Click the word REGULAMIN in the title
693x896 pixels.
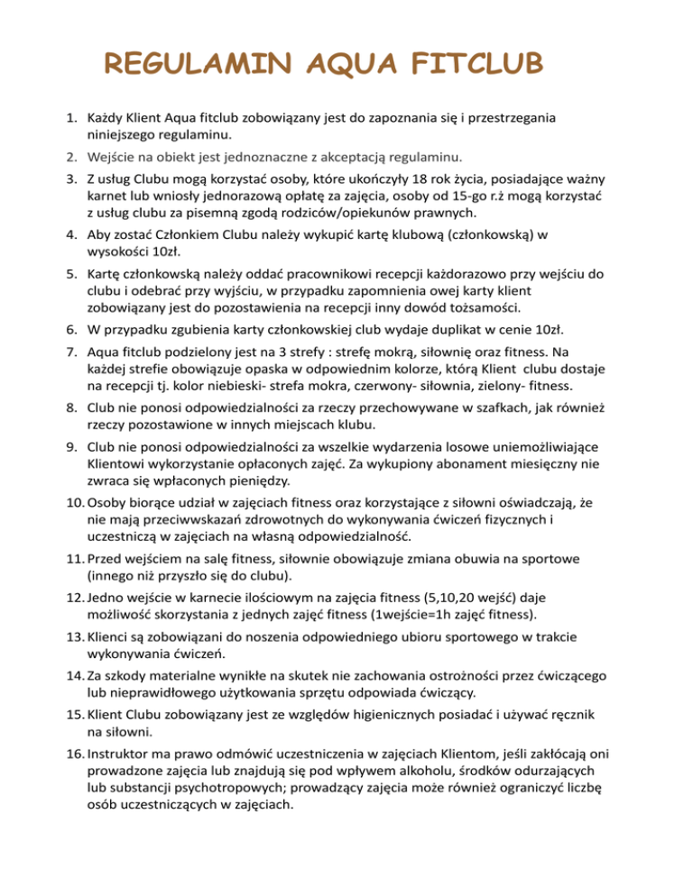pos(201,66)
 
